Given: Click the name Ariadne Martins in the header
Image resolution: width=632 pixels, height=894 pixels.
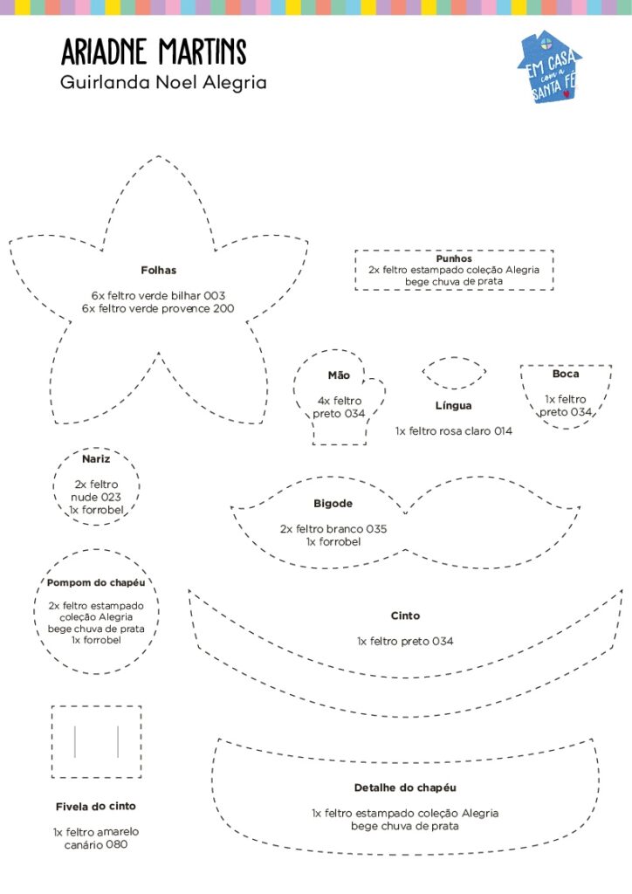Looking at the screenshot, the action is coord(154,52).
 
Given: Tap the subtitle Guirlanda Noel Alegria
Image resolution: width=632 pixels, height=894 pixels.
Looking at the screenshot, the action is coord(163,83).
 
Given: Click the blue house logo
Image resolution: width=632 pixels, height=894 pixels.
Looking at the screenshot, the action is coord(549,66).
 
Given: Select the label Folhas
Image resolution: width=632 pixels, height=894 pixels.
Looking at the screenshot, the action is coord(158,271).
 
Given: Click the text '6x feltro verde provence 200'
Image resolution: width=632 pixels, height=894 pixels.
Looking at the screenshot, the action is coord(158,308).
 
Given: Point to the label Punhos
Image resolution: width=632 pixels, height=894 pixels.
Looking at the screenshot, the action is coord(454,258).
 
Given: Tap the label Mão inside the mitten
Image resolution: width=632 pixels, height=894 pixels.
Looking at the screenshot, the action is coord(339,375).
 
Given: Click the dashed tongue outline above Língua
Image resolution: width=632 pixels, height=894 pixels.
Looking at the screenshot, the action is coord(454,358).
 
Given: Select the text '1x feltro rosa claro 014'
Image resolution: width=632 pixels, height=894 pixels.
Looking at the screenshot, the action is coord(454,431).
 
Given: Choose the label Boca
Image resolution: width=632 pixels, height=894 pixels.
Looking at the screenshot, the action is coord(566,374).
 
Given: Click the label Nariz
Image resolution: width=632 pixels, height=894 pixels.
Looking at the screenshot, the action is coord(96,459).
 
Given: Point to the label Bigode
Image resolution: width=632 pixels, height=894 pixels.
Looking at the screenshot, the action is coord(333,504).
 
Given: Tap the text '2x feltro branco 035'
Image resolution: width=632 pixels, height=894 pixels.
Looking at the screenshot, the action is coord(333,529).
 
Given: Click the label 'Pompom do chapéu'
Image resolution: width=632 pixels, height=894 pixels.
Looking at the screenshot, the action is coord(96,582).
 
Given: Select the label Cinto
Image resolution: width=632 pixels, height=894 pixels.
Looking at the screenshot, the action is coord(405,615).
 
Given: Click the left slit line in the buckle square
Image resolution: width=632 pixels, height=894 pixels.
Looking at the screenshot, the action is coord(75,741).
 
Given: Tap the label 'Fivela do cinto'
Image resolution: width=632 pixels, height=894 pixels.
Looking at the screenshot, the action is coord(96,806).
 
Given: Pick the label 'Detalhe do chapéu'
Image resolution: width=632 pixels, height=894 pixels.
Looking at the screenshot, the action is coord(405,788).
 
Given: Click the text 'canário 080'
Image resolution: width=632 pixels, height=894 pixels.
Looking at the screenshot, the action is coord(96,844).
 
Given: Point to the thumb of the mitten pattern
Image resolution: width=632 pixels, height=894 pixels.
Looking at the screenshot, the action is coord(377,394).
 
